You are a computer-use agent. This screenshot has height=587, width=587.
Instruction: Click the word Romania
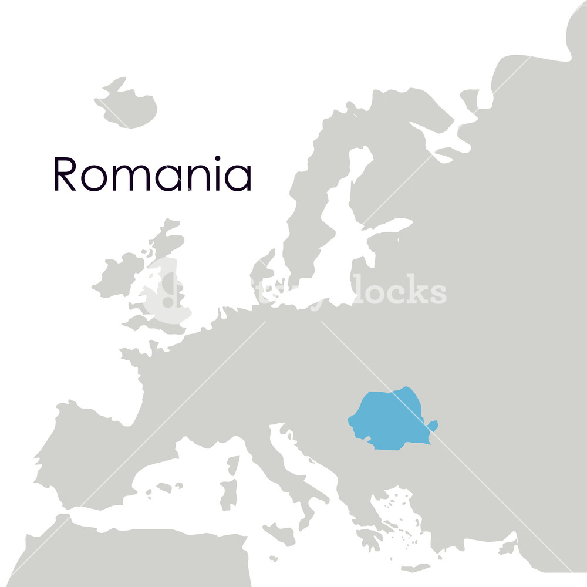pos(153,174)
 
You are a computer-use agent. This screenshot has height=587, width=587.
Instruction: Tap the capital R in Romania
pos(65,174)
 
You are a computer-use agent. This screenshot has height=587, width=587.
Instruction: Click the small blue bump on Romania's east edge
pos(433,424)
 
